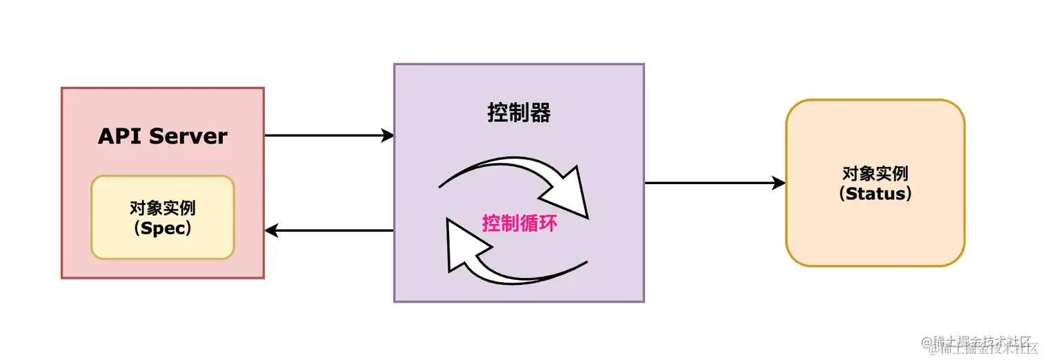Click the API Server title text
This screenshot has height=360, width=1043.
click(x=162, y=136)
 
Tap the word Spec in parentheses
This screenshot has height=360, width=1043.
click(x=163, y=229)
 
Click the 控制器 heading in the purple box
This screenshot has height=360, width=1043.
click(x=519, y=113)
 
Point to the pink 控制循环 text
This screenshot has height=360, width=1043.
click(x=519, y=223)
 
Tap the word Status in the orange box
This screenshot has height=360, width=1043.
click(x=875, y=194)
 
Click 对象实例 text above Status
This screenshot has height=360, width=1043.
click(x=875, y=173)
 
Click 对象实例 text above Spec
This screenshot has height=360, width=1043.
click(x=163, y=208)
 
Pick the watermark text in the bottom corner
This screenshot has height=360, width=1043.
click(x=980, y=345)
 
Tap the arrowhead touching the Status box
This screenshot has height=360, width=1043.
click(x=779, y=183)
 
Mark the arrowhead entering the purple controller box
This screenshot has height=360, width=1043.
click(x=387, y=136)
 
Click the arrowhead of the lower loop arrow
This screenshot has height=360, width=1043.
click(x=464, y=245)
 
